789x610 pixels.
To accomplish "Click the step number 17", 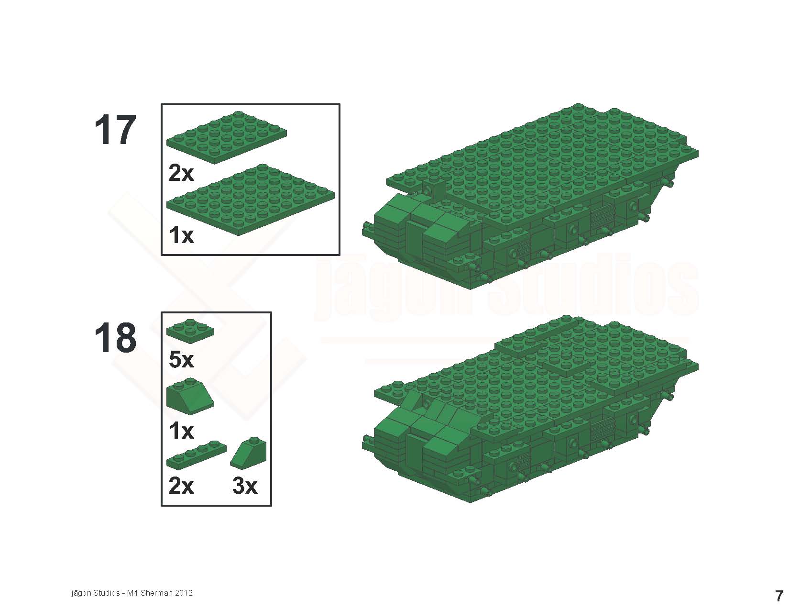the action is click(115, 130).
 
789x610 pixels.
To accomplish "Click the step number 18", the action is click(115, 337).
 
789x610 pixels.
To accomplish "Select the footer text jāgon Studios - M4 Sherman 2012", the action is click(132, 593).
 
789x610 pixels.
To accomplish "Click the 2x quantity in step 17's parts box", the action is click(181, 173).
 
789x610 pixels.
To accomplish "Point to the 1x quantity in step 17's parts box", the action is click(181, 235).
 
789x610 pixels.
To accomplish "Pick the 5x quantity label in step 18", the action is click(181, 360).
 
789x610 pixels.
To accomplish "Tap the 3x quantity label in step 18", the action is click(245, 486).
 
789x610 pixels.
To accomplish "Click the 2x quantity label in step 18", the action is click(181, 486).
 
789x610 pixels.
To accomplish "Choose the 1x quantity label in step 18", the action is click(181, 431).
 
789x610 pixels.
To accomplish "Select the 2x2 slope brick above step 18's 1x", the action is click(190, 396).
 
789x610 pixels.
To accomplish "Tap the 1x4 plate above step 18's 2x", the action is click(197, 455).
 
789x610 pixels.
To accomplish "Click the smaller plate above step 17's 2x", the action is click(227, 137).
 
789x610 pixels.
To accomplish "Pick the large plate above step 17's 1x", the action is click(251, 200).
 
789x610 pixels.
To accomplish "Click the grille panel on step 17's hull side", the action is click(602, 215).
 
